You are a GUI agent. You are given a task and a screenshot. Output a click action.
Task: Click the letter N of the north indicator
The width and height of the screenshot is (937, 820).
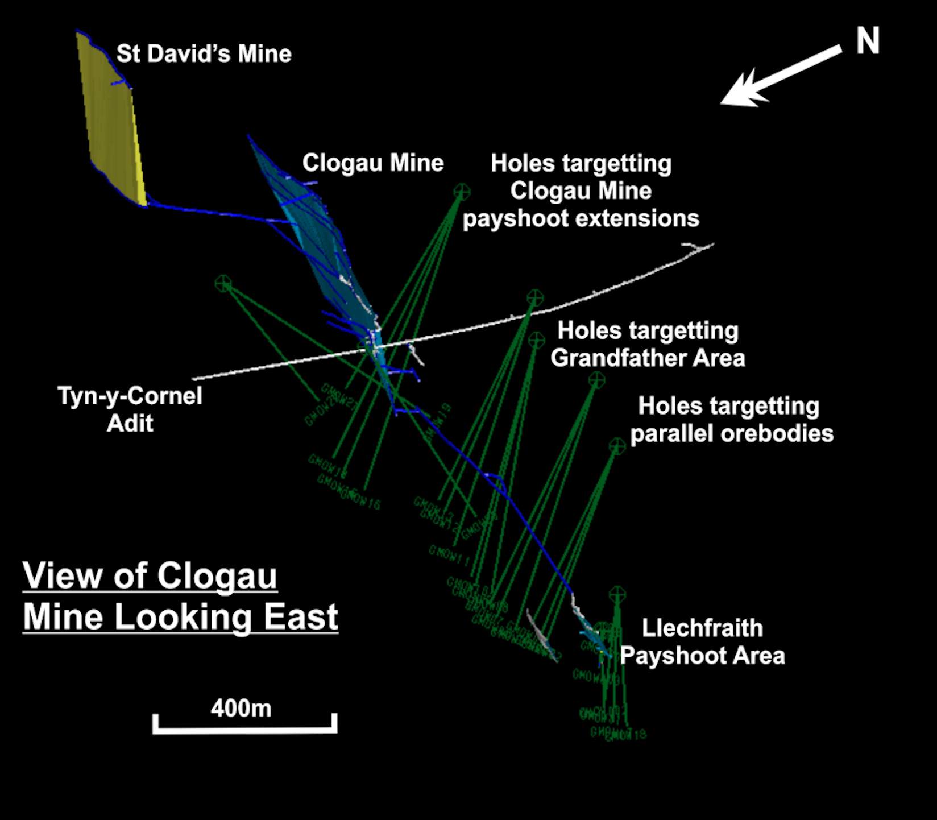point(868,42)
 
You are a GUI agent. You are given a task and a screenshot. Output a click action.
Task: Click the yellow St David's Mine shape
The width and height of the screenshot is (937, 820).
point(114,119)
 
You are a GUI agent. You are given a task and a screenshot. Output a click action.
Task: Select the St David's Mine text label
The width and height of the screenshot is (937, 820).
point(204,54)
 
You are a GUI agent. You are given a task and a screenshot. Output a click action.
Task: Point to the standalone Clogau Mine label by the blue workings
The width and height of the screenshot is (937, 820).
point(372,163)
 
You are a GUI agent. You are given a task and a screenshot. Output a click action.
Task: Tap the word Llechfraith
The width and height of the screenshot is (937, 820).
point(702,628)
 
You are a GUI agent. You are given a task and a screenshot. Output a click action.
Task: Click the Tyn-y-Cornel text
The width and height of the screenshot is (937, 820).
point(130,396)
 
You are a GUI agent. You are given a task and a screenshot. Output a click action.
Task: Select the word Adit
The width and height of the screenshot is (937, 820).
point(130,424)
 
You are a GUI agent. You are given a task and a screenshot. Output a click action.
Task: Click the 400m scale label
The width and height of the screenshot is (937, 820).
point(241,709)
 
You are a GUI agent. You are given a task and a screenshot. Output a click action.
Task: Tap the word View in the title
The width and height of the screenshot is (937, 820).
point(63,575)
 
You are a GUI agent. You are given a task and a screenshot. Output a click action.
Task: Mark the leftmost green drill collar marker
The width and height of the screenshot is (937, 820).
point(223,283)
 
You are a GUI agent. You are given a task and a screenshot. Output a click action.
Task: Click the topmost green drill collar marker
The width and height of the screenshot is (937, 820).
point(462,192)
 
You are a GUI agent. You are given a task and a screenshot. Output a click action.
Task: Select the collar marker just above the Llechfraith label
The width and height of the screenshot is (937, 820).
point(617,595)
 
